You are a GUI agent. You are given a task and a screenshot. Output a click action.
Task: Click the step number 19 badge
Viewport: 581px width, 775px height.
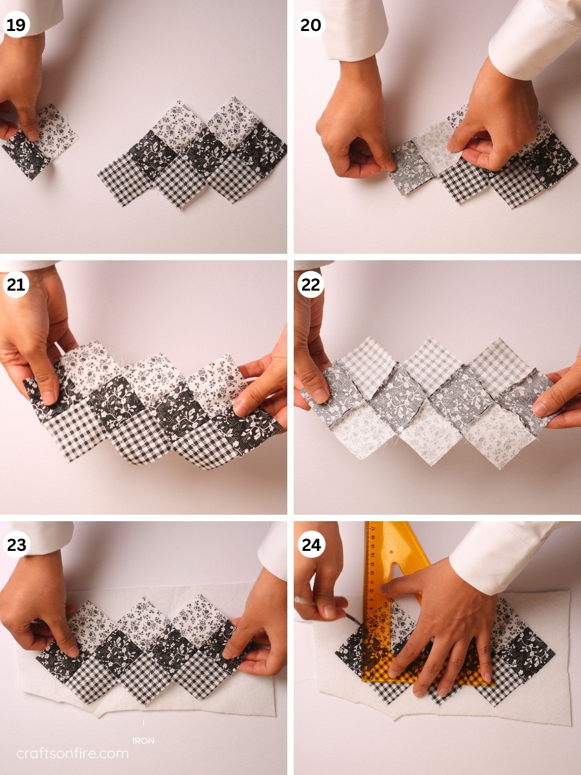[16, 25]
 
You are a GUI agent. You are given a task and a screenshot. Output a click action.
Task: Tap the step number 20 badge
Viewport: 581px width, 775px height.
[311, 25]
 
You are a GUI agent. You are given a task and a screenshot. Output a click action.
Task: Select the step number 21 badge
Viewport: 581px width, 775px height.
[16, 285]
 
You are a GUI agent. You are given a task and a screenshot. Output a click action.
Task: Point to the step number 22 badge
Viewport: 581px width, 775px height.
[311, 285]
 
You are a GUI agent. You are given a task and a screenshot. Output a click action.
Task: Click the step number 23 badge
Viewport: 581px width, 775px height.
[16, 544]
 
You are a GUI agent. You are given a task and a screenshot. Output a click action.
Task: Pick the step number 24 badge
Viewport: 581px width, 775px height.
[311, 544]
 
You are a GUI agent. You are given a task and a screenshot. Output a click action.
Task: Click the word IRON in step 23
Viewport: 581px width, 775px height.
[143, 741]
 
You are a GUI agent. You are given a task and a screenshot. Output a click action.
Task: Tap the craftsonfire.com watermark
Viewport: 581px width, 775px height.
[72, 754]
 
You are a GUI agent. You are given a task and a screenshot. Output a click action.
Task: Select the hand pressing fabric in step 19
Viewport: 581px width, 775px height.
[23, 84]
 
